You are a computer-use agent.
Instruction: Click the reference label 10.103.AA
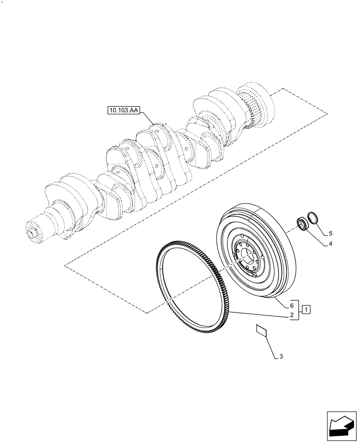click(x=123, y=109)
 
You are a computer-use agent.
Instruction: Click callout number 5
click(x=331, y=233)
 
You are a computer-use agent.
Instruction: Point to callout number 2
click(x=292, y=315)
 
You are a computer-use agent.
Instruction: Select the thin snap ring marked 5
click(x=315, y=220)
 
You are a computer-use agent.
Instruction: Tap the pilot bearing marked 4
click(x=302, y=223)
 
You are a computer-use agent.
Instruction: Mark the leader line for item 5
click(x=324, y=228)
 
